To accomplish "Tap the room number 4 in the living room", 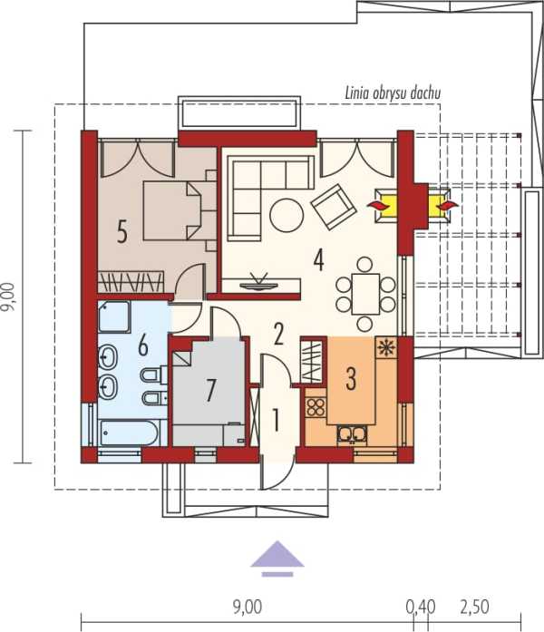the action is (319, 259).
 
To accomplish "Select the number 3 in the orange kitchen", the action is (351, 378).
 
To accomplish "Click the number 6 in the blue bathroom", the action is (143, 345).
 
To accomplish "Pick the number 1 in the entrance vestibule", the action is (276, 420).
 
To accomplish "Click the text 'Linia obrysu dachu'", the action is (393, 93).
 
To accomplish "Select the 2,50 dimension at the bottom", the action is (475, 607).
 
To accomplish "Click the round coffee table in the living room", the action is (287, 215).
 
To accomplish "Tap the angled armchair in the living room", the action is (334, 207).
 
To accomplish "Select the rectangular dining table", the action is (365, 294).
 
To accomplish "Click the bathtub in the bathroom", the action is (129, 433).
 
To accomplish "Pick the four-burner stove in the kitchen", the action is (316, 407).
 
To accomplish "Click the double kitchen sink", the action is (353, 434).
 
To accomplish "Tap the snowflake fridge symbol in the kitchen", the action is (386, 346).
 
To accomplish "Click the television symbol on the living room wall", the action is (258, 282).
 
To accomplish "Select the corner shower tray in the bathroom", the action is (114, 316).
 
